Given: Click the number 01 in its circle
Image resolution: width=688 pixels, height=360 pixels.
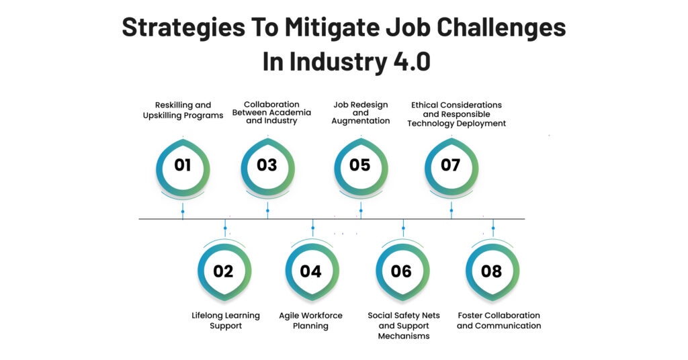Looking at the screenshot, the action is coord(183,165).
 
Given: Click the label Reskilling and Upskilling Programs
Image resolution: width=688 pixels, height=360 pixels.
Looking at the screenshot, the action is coord(183,110).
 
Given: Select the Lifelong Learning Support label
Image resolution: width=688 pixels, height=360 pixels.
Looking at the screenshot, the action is coord(226,320).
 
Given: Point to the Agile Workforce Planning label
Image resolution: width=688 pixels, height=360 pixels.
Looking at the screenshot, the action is coord(310,320).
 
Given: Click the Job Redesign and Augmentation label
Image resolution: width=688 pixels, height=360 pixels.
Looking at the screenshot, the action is coord(361,113).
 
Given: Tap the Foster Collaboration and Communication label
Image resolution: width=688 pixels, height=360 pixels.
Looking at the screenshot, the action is coord(499,320).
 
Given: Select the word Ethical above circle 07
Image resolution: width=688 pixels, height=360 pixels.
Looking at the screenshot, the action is coord(425,105).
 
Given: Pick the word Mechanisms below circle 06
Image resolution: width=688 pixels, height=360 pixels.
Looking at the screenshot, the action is coord(404,336).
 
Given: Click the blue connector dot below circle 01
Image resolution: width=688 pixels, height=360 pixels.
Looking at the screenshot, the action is coord(183,212).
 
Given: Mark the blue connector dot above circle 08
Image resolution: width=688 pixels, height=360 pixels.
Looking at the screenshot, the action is coord(493,228).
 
